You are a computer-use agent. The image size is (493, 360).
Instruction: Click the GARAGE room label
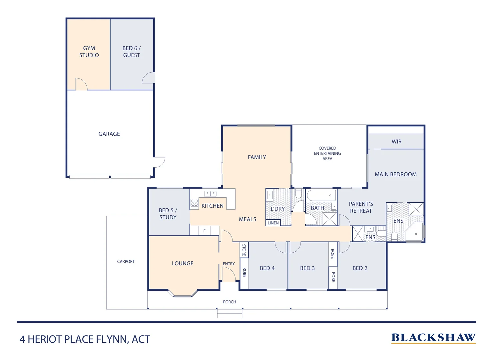coord(109,134)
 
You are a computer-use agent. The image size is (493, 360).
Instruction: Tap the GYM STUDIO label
coord(89,52)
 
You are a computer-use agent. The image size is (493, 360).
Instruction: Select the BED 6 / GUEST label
coord(131,52)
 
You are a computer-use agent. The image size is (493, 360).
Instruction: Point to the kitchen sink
coord(210,194)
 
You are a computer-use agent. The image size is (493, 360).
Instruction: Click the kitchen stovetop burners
coord(194,203)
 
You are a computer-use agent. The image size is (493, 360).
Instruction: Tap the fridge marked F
coord(204,231)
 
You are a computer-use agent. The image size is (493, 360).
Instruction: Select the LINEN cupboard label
coord(273,223)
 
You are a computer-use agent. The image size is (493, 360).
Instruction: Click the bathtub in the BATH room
coord(321,195)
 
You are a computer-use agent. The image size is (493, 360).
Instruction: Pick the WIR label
coord(396,142)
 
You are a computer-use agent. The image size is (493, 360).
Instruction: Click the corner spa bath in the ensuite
coord(414,232)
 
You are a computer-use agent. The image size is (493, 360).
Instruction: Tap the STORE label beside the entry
coord(244,250)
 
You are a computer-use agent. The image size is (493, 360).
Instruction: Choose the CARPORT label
coord(126,261)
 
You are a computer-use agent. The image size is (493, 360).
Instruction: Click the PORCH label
coord(229,302)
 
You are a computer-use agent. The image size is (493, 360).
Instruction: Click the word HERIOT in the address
coord(44,339)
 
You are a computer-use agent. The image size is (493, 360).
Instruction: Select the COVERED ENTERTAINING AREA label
coord(327,153)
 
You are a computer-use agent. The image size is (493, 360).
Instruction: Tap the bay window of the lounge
coord(183,293)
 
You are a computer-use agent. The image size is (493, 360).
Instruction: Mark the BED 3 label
coord(307,268)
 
